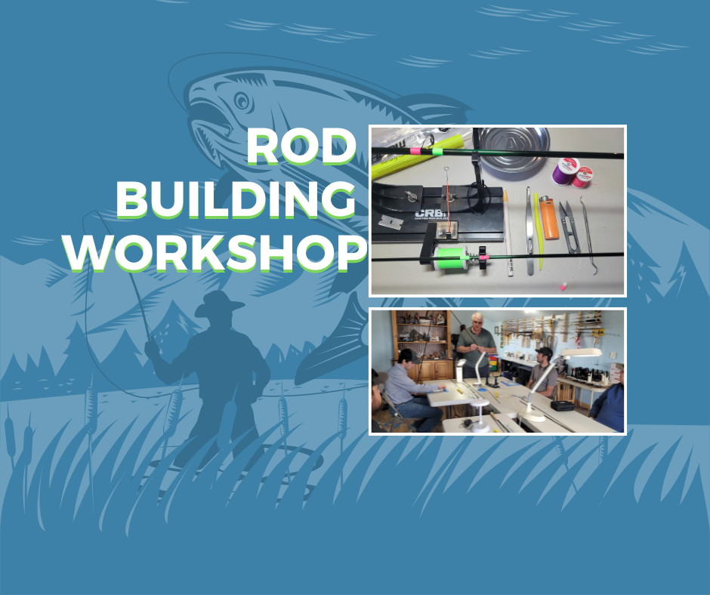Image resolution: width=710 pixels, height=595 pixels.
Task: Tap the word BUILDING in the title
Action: (236, 200)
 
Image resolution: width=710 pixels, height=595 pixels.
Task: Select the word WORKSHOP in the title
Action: (215, 254)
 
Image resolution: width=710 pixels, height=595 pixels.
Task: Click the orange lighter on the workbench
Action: (548, 217)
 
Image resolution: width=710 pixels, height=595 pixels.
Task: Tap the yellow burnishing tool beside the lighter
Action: (539, 231)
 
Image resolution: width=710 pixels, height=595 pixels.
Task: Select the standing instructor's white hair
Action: (477, 316)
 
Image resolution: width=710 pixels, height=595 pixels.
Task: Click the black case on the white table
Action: (562, 405)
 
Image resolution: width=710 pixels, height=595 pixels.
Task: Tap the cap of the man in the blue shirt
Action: (406, 356)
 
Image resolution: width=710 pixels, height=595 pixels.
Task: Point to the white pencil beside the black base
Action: (508, 233)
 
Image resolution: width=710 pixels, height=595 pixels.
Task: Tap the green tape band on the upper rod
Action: (437, 151)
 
